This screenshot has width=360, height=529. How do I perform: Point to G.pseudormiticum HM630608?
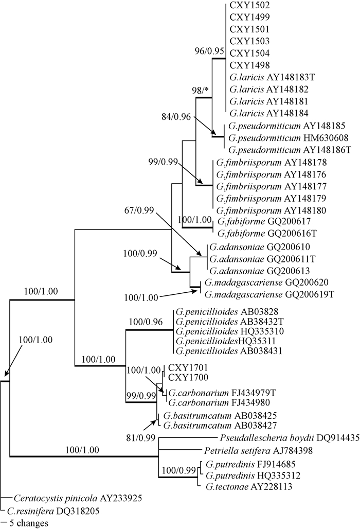tap(283, 137)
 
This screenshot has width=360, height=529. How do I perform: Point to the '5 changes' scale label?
tap(31, 523)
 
